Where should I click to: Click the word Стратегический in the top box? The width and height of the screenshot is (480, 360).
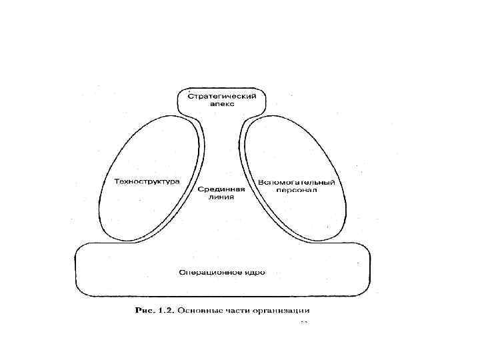pos(221,97)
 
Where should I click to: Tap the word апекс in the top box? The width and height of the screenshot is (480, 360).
pos(221,105)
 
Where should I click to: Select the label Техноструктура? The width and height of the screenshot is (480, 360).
pos(147,181)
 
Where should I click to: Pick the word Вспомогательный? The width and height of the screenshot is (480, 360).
pos(296,182)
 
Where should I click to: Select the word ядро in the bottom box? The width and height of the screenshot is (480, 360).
pos(254,272)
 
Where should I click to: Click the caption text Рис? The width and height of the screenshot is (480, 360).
pos(145,310)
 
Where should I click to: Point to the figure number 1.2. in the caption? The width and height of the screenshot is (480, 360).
pos(166,310)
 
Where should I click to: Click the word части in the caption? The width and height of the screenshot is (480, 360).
pos(236,310)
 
